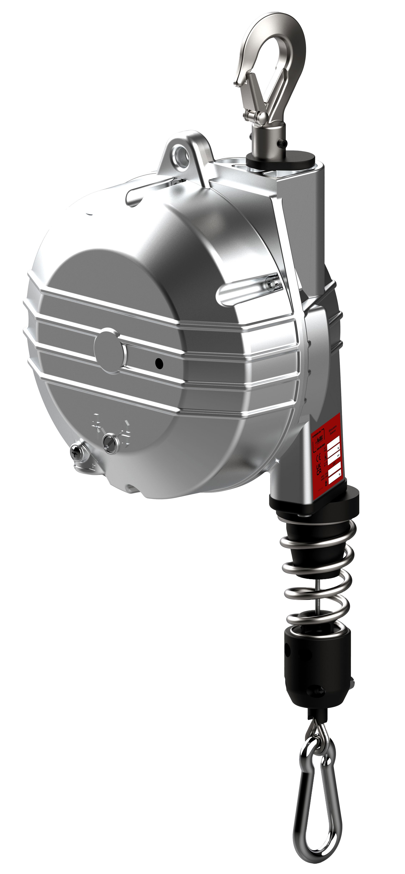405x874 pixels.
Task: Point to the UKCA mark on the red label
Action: pyautogui.click(x=319, y=470)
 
